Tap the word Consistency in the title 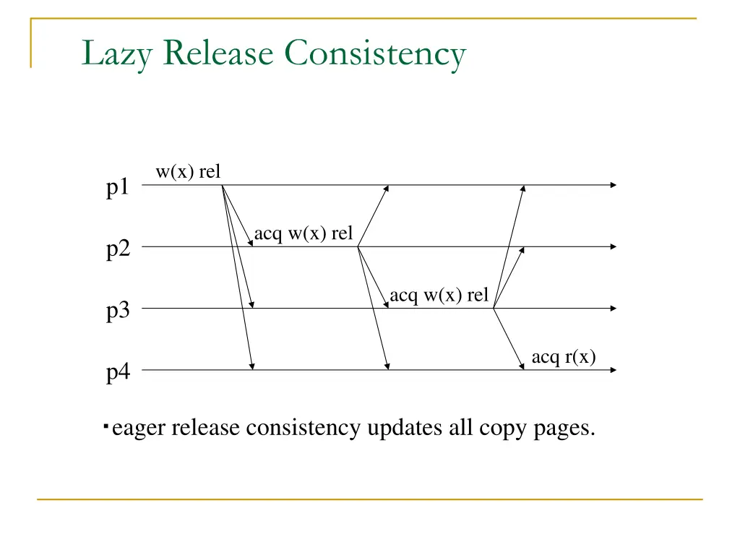click(376, 55)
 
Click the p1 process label click(119, 188)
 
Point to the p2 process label click(119, 250)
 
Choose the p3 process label click(119, 311)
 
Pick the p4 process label click(119, 374)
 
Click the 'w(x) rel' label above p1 click(188, 172)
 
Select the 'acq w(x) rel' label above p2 click(304, 234)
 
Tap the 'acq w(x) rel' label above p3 click(439, 296)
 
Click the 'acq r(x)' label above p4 click(564, 357)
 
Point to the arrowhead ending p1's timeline click(613, 185)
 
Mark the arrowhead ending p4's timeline click(613, 370)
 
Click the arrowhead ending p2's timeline click(613, 246)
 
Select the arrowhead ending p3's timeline click(613, 309)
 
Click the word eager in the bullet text click(139, 429)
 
